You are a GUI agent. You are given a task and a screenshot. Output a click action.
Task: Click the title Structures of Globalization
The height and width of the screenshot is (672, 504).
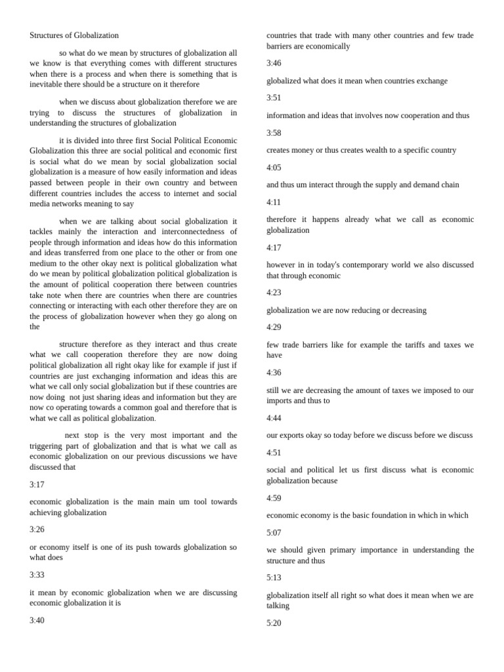74,35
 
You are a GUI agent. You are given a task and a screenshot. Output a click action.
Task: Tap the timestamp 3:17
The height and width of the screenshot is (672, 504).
37,484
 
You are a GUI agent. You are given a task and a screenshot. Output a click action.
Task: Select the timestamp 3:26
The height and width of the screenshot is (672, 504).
37,530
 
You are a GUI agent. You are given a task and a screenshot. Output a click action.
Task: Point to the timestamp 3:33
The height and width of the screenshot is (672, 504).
37,575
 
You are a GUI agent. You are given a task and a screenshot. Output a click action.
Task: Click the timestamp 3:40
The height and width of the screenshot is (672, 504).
37,620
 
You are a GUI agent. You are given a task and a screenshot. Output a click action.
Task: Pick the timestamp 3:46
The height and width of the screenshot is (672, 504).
274,64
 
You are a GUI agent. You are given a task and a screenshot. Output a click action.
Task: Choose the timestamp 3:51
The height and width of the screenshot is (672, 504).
274,98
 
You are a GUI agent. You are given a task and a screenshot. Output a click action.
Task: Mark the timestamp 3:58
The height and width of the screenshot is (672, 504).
274,133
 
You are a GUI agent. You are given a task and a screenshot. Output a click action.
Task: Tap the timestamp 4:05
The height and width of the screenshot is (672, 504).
274,168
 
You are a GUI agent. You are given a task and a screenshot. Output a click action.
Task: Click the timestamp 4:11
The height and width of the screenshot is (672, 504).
274,202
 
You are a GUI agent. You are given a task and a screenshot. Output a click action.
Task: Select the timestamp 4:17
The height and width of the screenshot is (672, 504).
274,248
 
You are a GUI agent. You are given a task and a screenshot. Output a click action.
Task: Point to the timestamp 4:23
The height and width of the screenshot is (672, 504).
274,293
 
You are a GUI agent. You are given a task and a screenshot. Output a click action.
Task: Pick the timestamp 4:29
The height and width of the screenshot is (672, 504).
274,327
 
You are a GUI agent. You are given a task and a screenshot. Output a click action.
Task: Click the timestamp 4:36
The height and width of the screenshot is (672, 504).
274,373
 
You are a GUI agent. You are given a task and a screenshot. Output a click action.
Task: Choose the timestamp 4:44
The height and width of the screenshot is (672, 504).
274,418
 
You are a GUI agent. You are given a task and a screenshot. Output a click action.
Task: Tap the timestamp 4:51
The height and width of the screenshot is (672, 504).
274,453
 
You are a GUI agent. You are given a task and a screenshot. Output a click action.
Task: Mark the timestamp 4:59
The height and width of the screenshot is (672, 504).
274,498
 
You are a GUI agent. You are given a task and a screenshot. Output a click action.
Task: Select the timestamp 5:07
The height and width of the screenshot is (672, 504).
274,533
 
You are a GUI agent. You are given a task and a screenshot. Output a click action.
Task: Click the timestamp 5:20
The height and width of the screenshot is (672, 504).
274,623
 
